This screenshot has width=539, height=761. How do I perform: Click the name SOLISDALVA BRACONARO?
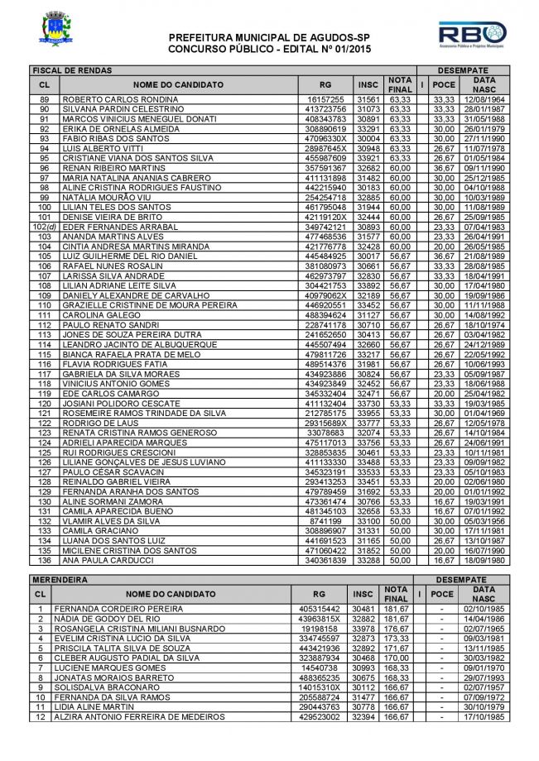click(108, 687)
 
